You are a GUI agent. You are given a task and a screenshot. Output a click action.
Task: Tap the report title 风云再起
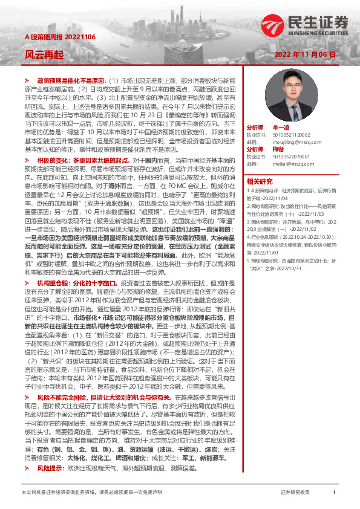pyautogui.click(x=44, y=54)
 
